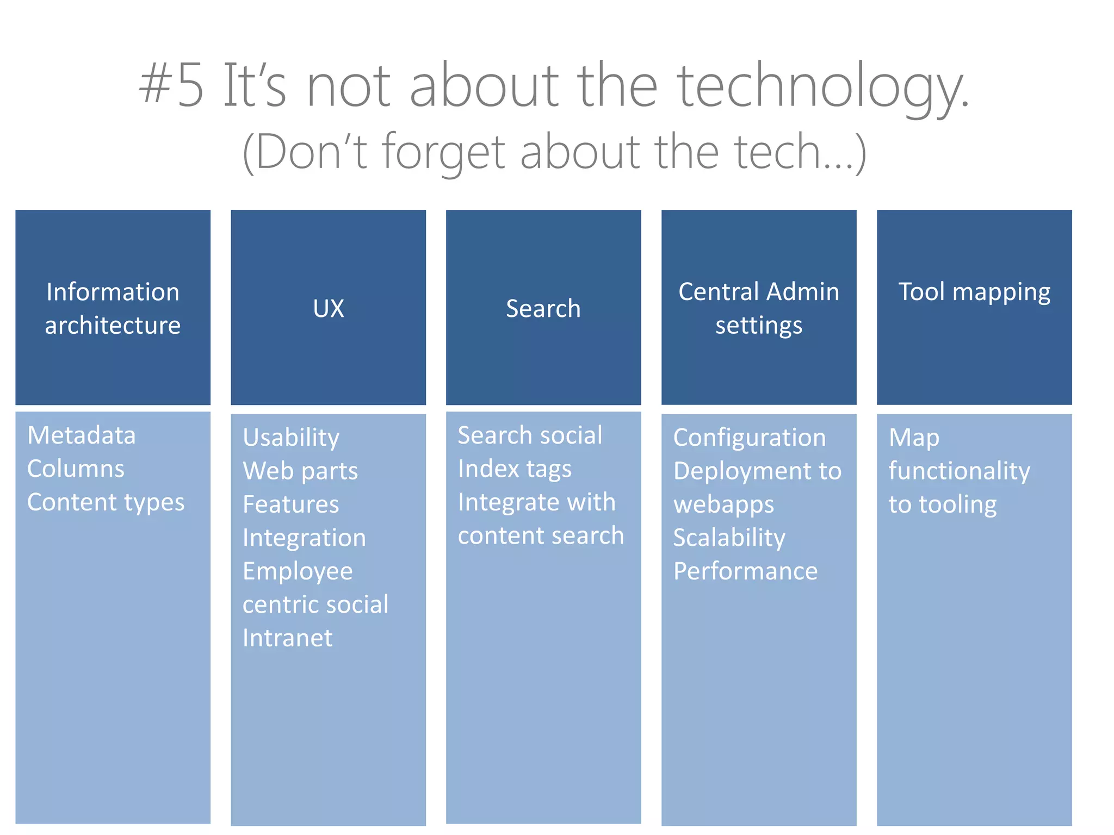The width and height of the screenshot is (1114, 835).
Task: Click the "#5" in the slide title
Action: click(x=171, y=86)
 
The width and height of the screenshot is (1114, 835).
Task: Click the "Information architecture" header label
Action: click(x=113, y=308)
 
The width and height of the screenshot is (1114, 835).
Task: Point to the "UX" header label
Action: click(x=329, y=309)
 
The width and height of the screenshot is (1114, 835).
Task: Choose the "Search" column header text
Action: click(x=543, y=309)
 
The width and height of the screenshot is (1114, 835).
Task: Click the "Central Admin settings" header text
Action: click(x=758, y=308)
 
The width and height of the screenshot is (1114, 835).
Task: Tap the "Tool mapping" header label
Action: click(x=974, y=292)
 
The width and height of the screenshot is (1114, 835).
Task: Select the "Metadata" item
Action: click(x=82, y=435)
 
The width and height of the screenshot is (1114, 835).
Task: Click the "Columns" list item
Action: click(x=76, y=469)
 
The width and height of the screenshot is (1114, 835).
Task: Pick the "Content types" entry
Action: click(x=106, y=502)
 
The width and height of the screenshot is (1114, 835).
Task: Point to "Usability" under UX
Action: click(x=291, y=438)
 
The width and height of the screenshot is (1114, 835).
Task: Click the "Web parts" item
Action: click(x=300, y=471)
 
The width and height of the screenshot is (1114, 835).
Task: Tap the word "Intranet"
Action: click(x=287, y=638)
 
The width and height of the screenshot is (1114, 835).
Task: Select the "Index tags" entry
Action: click(x=515, y=469)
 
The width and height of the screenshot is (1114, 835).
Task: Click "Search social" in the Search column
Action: click(x=530, y=435)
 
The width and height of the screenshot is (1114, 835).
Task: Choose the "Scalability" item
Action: click(x=729, y=538)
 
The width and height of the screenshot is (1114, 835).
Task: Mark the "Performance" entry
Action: click(x=745, y=571)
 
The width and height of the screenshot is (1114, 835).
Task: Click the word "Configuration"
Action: click(x=750, y=438)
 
